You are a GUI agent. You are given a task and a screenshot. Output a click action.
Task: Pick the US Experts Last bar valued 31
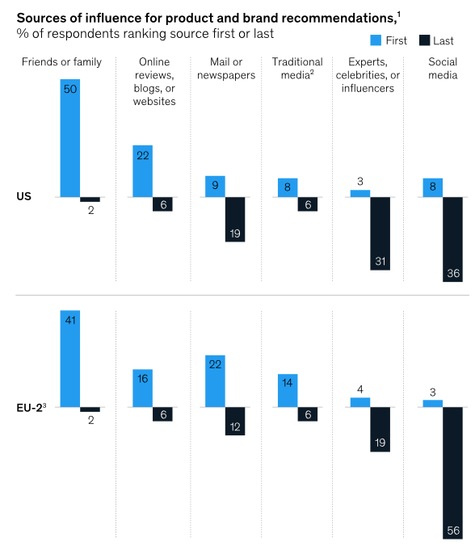coord(380,233)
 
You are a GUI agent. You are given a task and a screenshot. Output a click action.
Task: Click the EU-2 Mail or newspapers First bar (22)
coord(215,380)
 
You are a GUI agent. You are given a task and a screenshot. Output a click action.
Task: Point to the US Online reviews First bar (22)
coord(143,171)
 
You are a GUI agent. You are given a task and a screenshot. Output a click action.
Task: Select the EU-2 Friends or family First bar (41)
coord(70,359)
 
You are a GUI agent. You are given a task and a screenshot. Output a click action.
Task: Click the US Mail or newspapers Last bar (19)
coord(235,219)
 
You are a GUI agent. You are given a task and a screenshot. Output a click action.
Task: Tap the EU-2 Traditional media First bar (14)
coord(288,390)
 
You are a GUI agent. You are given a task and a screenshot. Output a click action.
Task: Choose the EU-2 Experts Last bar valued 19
coord(380,429)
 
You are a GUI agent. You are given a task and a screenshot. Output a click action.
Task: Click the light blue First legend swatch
coord(376,40)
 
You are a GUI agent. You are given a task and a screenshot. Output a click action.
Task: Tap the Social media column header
coord(442,69)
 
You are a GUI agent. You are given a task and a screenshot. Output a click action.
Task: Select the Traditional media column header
coord(296,69)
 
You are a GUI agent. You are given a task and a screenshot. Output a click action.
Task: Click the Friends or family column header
coord(62,62)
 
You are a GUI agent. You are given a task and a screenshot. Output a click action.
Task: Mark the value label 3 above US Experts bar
coord(361,182)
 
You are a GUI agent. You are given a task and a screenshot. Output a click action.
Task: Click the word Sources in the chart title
coord(41,17)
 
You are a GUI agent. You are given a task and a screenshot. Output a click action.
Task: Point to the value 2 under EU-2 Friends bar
coord(91,421)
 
